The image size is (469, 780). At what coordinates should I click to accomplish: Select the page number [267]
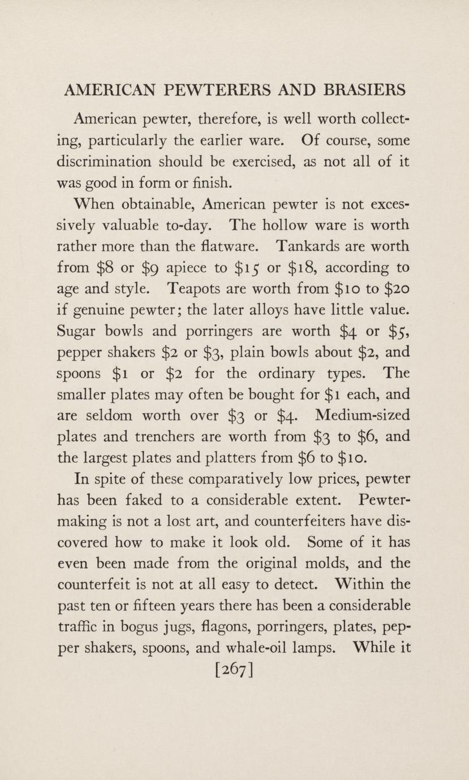234,671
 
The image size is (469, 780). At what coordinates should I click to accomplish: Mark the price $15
254,268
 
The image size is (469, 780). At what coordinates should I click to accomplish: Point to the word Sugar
78,332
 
